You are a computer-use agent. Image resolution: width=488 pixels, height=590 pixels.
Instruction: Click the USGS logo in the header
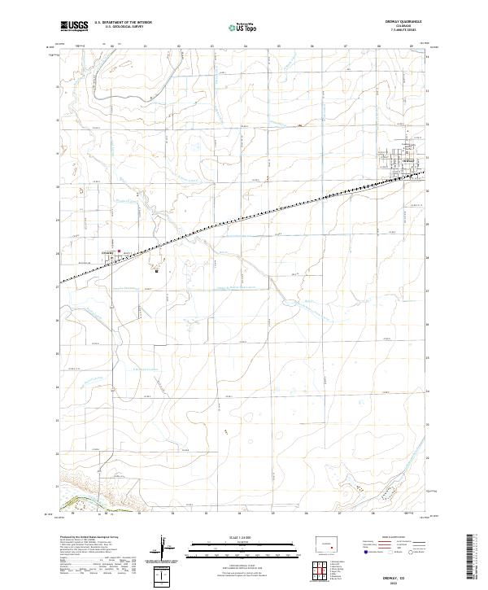tap(75, 25)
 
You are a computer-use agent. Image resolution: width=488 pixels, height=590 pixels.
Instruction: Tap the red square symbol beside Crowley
tap(120, 251)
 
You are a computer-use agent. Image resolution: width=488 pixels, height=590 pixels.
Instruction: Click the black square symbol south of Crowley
tap(155, 272)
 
